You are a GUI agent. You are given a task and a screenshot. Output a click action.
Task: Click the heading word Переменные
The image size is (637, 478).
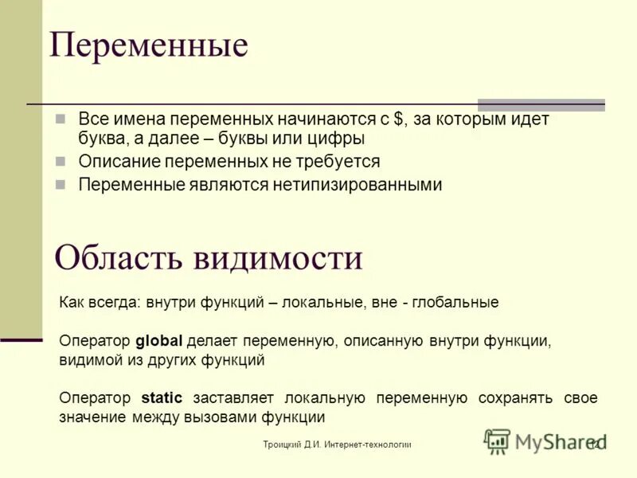[148, 45]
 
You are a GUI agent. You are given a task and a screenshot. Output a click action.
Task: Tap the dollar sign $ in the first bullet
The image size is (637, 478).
[397, 119]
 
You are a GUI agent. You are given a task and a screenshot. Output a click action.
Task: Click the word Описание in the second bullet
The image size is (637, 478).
[118, 161]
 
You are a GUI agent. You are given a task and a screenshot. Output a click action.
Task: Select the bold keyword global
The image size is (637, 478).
[159, 341]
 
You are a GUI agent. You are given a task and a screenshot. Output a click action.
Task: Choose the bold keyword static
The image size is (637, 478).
[162, 398]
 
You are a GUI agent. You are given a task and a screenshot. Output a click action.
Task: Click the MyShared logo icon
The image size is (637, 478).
[497, 441]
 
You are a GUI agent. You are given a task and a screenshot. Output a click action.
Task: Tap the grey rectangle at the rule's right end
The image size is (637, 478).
[541, 104]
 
